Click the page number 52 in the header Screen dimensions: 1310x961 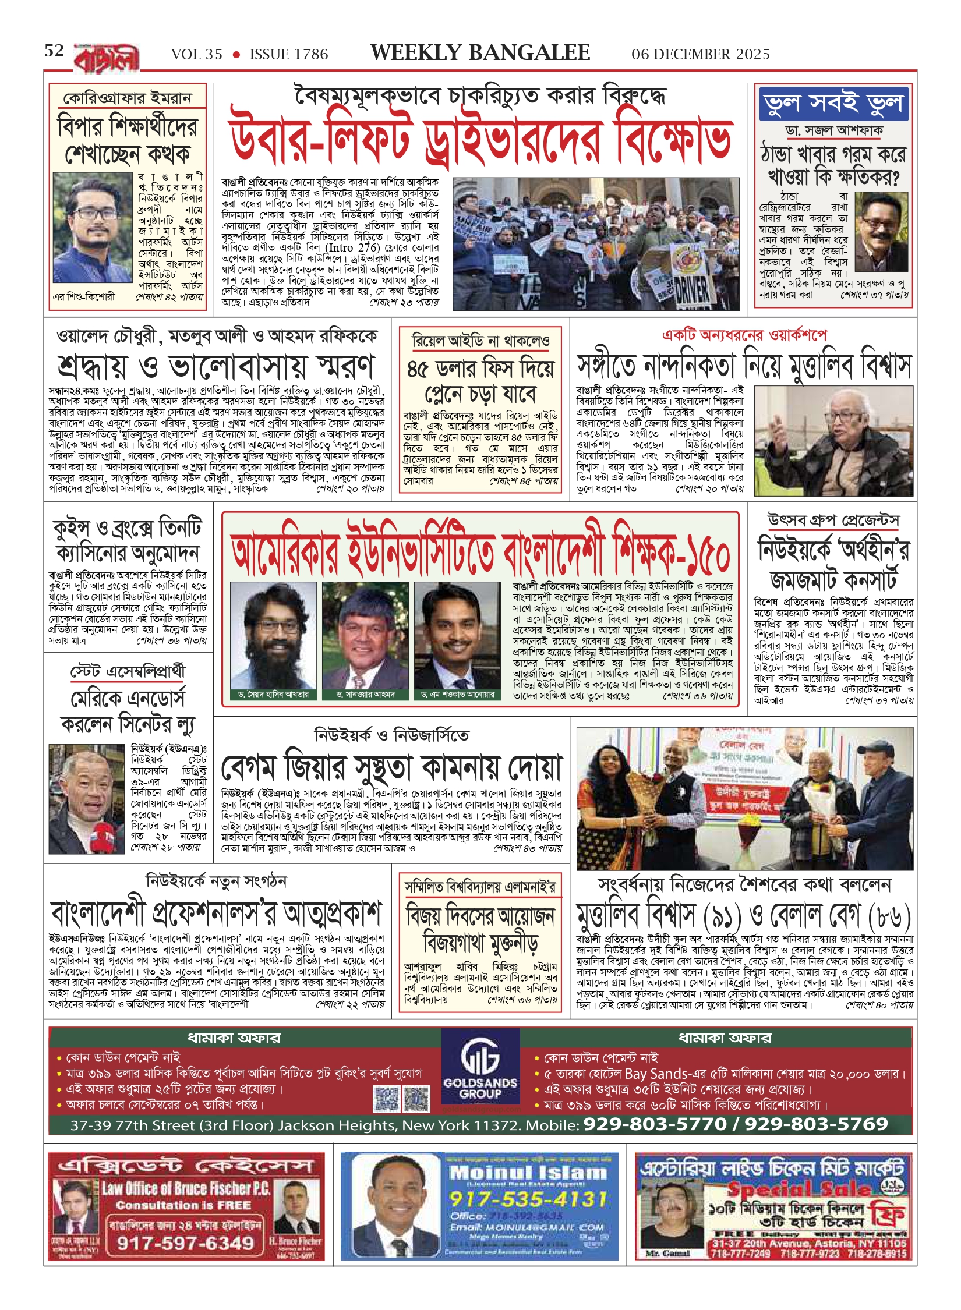click(x=54, y=51)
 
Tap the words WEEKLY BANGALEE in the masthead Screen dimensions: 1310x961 click(x=480, y=53)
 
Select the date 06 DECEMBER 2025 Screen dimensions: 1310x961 click(x=700, y=55)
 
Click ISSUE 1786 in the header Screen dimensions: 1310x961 click(x=289, y=55)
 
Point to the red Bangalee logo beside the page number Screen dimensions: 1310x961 click(x=107, y=59)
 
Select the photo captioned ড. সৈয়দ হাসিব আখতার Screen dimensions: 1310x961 click(x=273, y=635)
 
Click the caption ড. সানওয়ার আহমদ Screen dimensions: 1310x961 click(x=365, y=695)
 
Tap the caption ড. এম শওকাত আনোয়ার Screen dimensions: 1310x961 click(x=457, y=695)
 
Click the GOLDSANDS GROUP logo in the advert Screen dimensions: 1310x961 click(x=480, y=1067)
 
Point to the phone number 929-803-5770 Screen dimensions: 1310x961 click(x=655, y=1124)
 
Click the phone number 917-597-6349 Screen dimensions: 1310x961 click(x=185, y=1244)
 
